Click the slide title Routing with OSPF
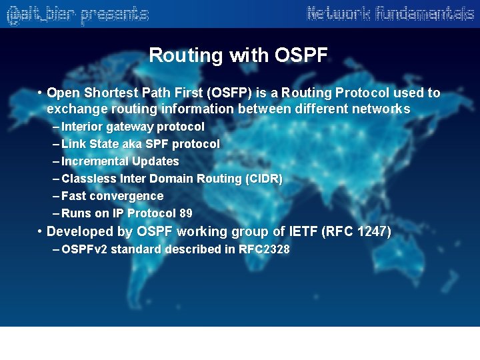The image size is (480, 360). click(x=238, y=55)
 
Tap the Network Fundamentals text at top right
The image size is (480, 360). click(x=390, y=13)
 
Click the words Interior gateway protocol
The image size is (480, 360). click(x=133, y=127)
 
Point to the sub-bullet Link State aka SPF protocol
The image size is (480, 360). click(x=140, y=144)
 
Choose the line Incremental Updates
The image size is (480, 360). click(x=120, y=161)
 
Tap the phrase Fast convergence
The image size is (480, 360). click(x=112, y=196)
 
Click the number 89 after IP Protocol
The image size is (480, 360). click(x=186, y=213)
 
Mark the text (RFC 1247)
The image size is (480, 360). click(x=356, y=232)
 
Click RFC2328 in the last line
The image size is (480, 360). click(x=264, y=249)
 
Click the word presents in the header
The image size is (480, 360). click(x=114, y=14)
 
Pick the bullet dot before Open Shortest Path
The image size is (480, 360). click(x=41, y=93)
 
